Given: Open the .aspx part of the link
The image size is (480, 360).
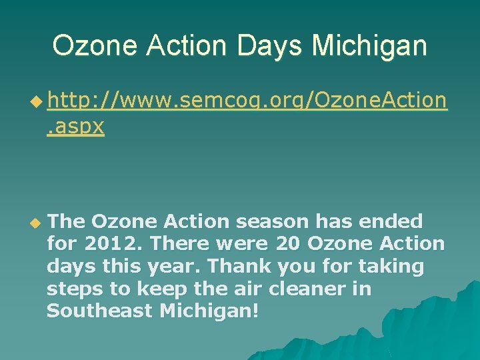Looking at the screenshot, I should [75, 126].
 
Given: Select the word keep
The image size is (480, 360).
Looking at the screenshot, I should [157, 289].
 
